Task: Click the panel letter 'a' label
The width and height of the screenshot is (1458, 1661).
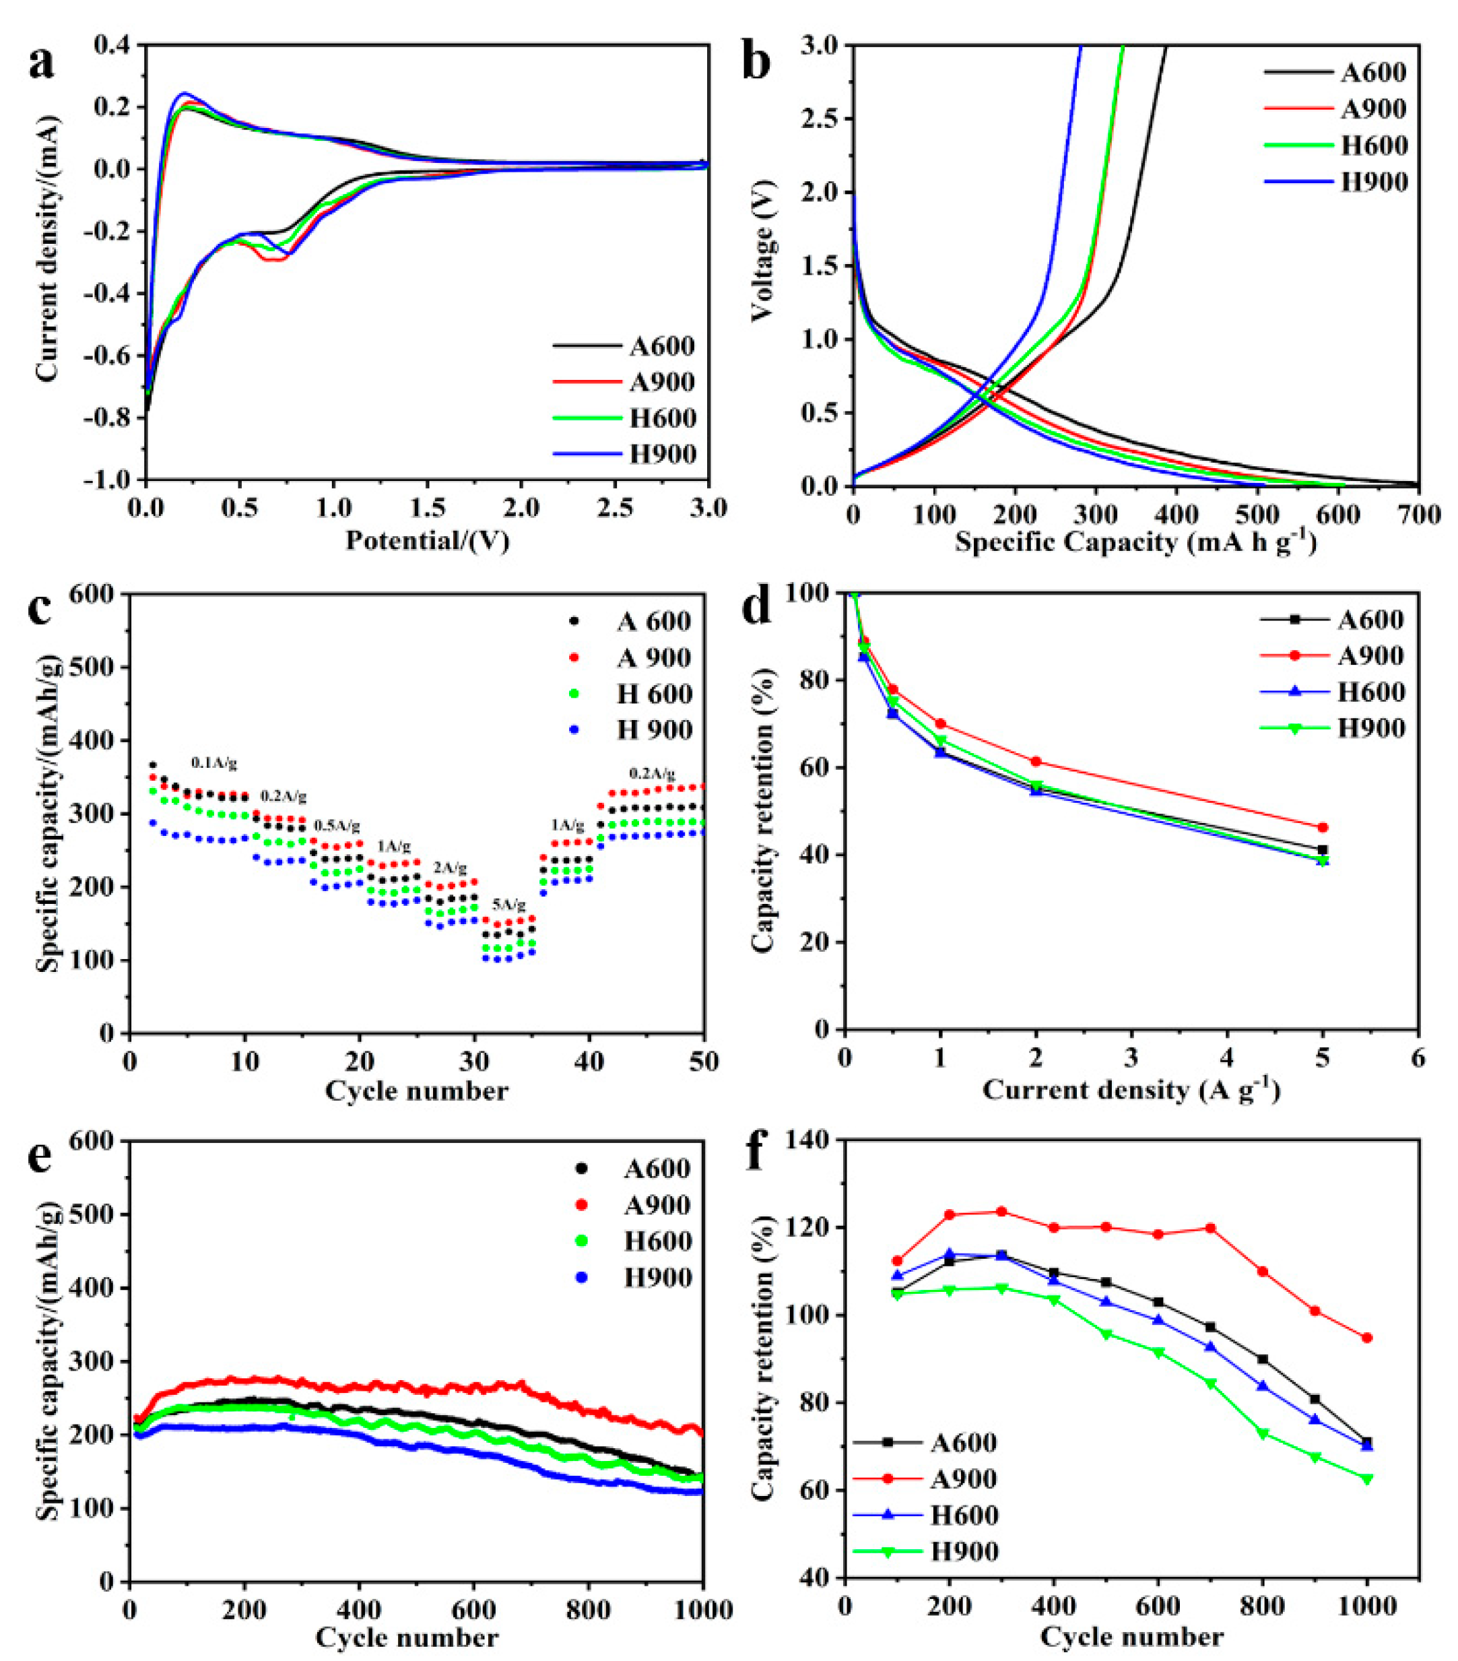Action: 42,63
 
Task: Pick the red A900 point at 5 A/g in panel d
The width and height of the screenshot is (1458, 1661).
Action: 1323,828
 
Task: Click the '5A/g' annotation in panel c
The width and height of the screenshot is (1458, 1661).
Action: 509,905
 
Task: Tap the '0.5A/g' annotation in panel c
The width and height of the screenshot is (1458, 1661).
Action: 336,826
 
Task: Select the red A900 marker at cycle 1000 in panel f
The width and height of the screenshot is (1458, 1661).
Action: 1367,1338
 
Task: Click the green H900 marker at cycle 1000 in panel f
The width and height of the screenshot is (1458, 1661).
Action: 1367,1479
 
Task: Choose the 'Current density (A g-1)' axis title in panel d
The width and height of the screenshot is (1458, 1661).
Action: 1131,1090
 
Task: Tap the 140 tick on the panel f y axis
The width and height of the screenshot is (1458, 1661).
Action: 812,1140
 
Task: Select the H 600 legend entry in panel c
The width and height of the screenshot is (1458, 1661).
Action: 654,694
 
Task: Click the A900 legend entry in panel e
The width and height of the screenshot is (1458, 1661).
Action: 657,1205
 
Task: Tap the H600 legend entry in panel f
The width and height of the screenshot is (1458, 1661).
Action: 963,1516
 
